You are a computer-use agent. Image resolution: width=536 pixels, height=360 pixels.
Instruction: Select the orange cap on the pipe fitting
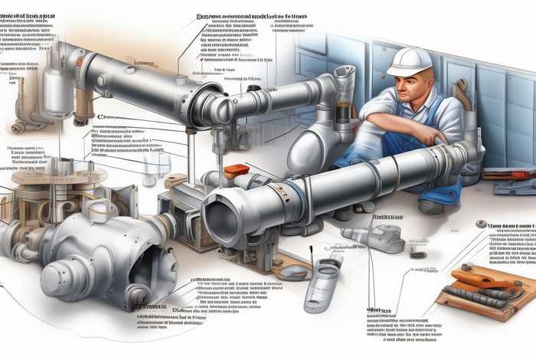tap(237, 170)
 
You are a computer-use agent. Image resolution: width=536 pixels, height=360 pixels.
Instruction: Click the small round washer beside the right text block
tap(481, 224)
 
